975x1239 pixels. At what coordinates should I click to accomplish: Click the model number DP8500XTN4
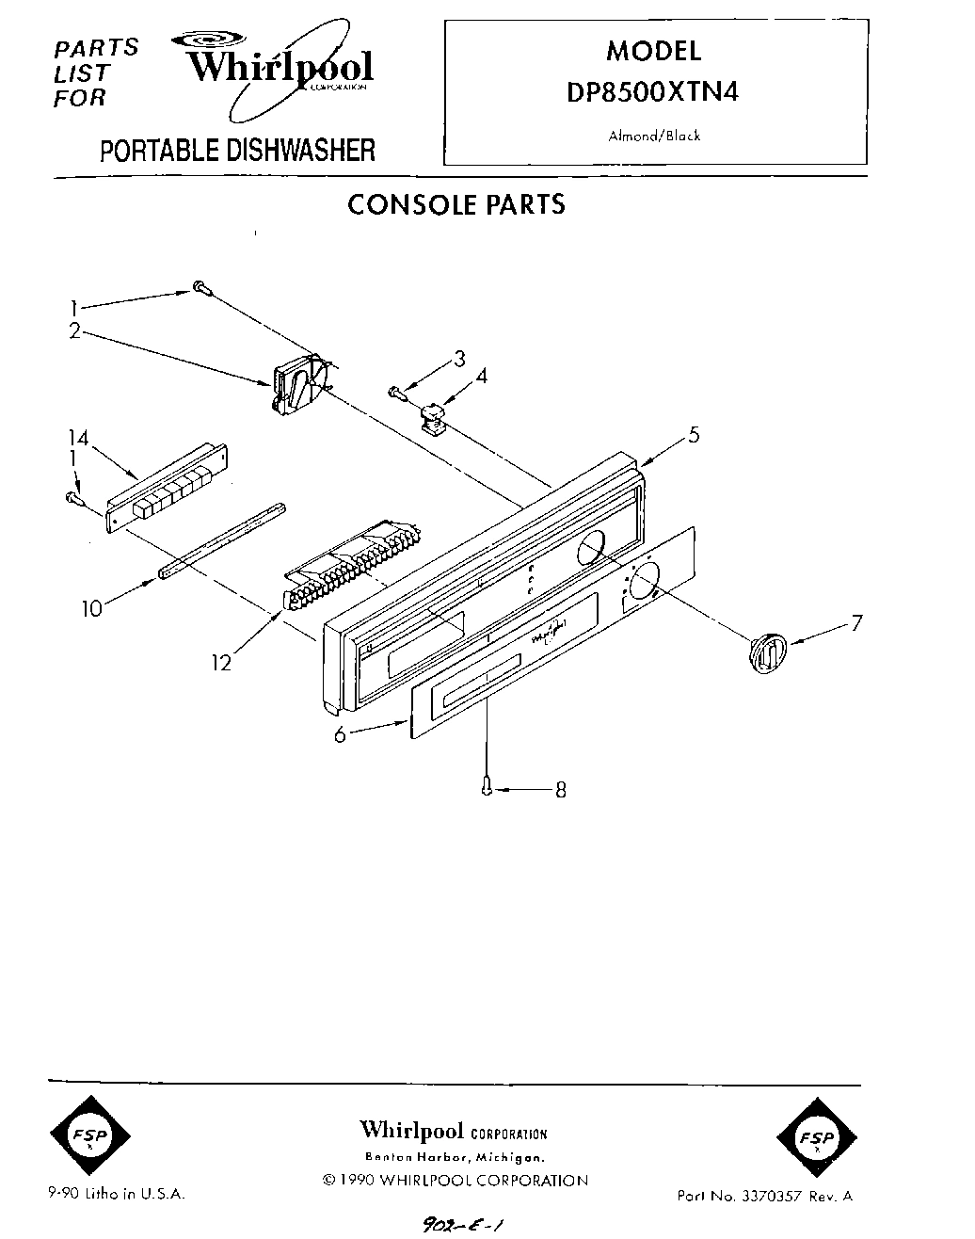click(655, 91)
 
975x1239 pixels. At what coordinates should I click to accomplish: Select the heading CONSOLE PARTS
click(456, 204)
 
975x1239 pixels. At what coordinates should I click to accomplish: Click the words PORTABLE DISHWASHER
click(237, 150)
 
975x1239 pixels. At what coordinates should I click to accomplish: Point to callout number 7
click(855, 622)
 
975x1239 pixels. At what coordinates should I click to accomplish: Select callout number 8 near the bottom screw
click(560, 790)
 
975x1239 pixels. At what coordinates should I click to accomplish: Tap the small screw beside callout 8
click(487, 785)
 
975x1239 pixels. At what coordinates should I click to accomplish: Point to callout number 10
click(91, 608)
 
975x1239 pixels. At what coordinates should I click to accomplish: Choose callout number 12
click(221, 663)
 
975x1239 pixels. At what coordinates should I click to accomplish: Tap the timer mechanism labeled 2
click(299, 387)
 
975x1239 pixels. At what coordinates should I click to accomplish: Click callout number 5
click(693, 435)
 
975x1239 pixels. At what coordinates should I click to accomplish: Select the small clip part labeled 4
click(434, 415)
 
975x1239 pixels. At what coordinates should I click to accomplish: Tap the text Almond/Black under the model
click(654, 136)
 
